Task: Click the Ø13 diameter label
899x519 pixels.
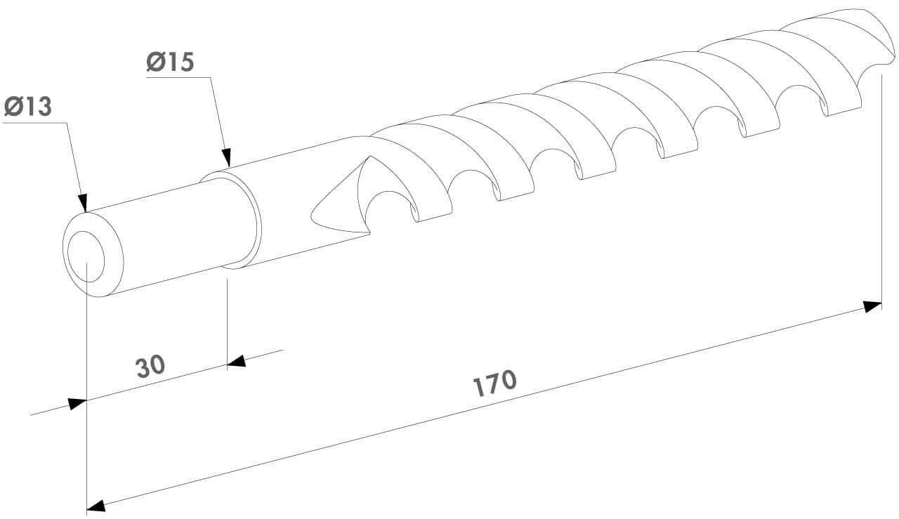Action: [28, 107]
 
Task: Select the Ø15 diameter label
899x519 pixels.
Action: [170, 62]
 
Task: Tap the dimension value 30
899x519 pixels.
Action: [150, 367]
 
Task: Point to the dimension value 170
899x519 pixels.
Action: [494, 383]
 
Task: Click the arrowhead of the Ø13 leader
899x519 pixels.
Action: [84, 204]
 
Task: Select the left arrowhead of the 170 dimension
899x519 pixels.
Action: [96, 505]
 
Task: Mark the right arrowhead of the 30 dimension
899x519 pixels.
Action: [237, 361]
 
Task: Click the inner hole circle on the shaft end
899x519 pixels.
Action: [86, 254]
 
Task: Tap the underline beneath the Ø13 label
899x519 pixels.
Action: [35, 123]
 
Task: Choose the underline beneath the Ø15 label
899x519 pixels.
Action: [178, 78]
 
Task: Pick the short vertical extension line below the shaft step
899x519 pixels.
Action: [227, 316]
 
